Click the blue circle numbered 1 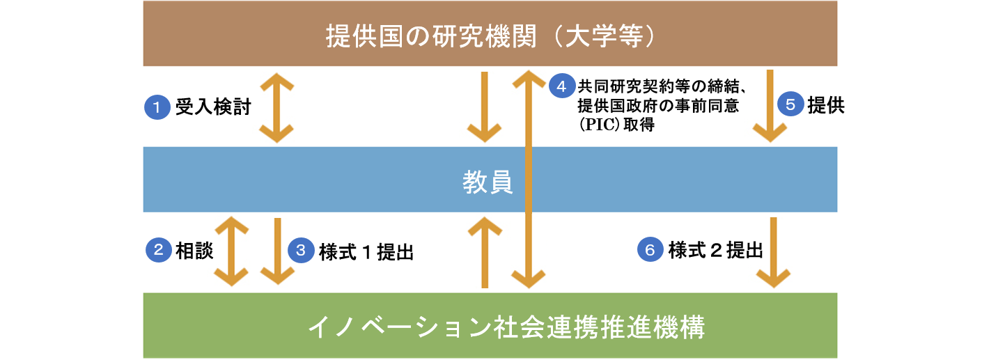157,107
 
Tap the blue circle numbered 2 159,249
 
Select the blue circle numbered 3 301,250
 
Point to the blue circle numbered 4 562,86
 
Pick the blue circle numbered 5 790,104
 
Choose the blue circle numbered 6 650,249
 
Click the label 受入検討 213,107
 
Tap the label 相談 195,251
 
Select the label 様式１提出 366,252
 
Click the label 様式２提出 715,250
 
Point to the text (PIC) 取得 616,125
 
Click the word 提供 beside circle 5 827,105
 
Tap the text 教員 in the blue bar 488,182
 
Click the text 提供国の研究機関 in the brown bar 431,36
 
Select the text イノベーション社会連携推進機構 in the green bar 506,327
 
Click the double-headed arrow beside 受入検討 276,108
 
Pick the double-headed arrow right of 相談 232,251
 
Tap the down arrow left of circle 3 278,251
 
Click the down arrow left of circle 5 770,106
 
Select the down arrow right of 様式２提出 774,253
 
